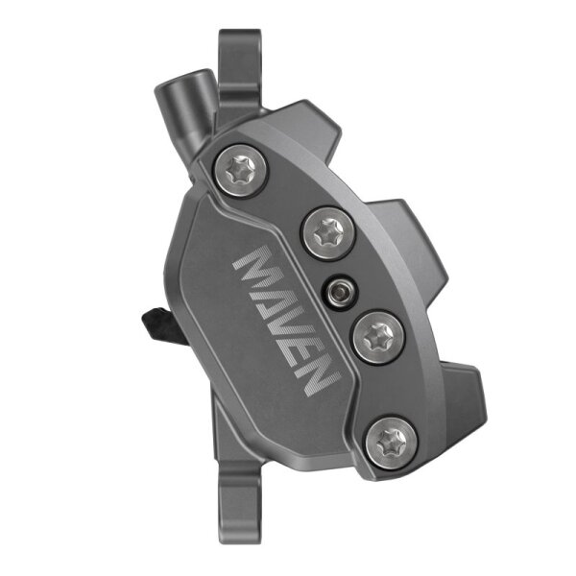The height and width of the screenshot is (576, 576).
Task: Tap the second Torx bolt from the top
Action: [325, 229]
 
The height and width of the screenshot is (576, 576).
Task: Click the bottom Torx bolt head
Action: [391, 441]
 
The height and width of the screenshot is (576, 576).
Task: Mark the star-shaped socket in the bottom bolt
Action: [391, 441]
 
